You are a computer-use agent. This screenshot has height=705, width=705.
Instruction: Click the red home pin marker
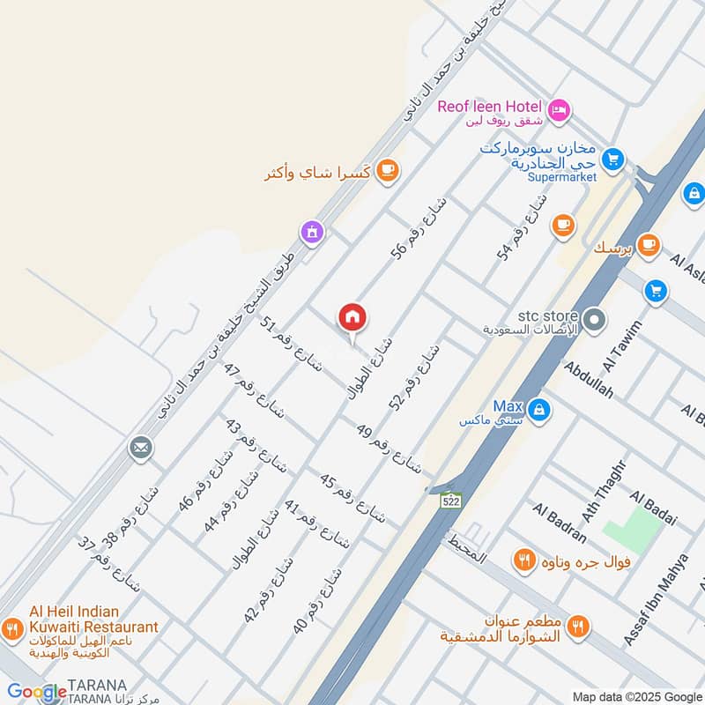click(x=352, y=318)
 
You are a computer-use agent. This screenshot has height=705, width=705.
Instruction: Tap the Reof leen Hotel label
click(x=489, y=109)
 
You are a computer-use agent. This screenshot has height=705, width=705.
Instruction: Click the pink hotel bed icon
click(x=558, y=111)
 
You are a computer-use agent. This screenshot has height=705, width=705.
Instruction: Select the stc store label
click(x=536, y=316)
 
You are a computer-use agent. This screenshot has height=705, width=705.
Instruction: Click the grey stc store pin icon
click(x=595, y=319)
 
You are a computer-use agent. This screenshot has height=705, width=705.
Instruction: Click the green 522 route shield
click(x=451, y=501)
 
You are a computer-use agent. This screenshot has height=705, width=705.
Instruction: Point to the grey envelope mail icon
click(x=139, y=449)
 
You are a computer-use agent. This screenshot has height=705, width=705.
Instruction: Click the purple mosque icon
click(x=312, y=233)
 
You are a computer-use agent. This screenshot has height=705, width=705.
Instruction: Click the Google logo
click(x=37, y=692)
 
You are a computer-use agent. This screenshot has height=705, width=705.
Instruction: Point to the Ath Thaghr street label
click(x=613, y=493)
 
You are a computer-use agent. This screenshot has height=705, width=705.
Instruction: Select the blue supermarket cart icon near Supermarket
click(x=612, y=160)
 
